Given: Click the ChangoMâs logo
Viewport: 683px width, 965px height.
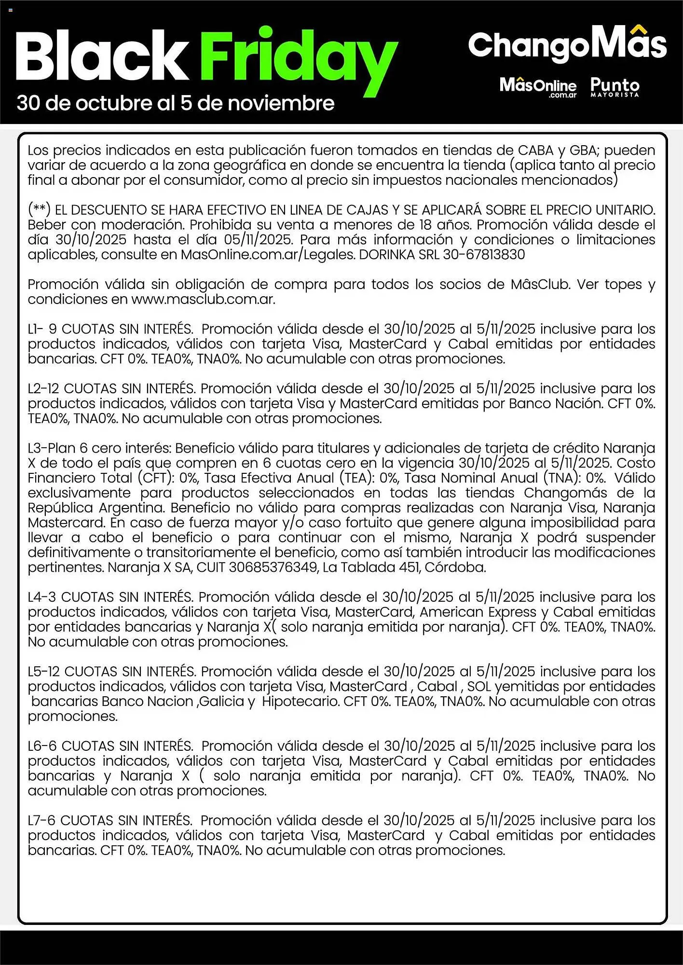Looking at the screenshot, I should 567,44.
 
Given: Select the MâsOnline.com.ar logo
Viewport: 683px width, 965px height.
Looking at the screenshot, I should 538,87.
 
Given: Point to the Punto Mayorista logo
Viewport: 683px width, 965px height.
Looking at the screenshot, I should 615,87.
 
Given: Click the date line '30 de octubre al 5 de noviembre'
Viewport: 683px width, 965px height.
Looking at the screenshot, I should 175,103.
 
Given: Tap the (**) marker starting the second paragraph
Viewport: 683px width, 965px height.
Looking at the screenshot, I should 39,210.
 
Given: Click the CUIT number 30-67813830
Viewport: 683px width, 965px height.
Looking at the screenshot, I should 484,254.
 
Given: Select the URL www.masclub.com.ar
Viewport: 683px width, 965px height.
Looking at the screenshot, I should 203,299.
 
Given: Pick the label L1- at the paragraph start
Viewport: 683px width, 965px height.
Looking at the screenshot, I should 36,329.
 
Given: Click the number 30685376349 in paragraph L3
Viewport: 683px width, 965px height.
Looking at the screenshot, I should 273,567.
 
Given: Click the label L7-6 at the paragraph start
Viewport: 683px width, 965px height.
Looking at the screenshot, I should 42,820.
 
